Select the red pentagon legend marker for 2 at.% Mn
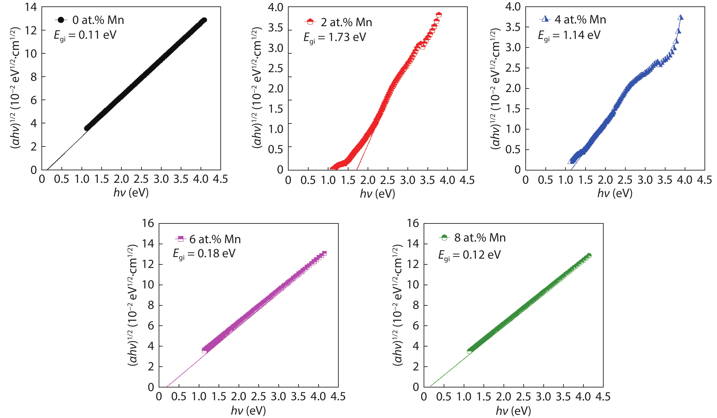coord(310,22)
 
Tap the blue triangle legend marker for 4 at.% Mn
coord(545,19)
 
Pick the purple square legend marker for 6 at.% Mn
coord(180,238)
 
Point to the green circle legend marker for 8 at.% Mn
coord(444,237)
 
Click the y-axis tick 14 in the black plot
coord(31,7)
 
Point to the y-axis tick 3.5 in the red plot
coord(275,28)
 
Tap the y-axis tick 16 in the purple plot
coord(148,223)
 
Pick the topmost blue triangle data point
coord(680,18)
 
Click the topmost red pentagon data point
coord(439,14)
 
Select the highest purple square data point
coord(324,253)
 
